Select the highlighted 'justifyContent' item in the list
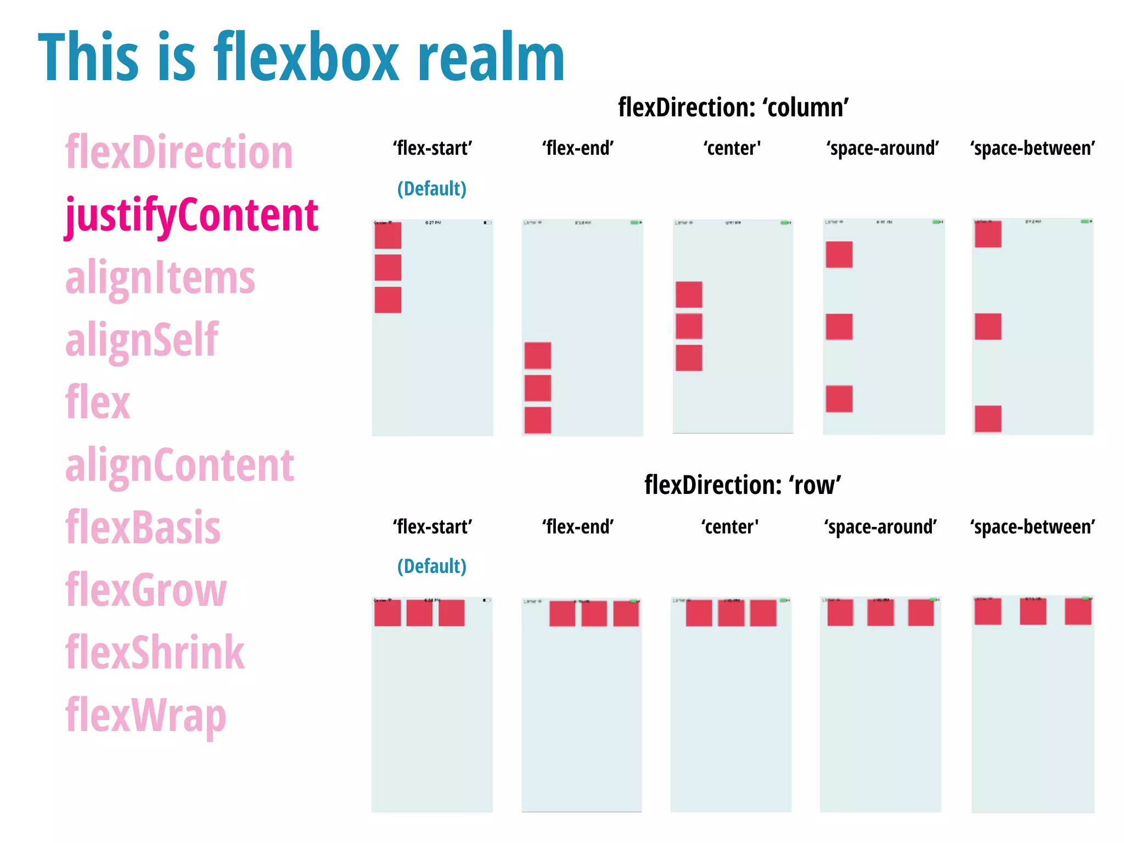click(192, 215)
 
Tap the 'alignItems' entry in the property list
click(160, 278)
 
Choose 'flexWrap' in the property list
click(145, 715)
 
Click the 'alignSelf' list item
click(142, 340)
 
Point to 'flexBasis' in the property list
click(143, 527)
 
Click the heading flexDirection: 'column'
click(733, 108)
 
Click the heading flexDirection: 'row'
click(743, 485)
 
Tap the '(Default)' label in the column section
click(432, 189)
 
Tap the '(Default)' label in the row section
click(432, 566)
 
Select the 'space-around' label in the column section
click(883, 148)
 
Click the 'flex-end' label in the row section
click(578, 527)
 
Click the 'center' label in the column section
click(732, 148)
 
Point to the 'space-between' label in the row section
click(1032, 527)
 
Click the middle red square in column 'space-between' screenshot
click(988, 327)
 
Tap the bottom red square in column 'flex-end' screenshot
click(538, 420)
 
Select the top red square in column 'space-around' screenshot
click(839, 255)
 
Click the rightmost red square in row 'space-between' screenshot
click(1078, 611)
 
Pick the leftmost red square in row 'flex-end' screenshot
click(562, 614)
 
